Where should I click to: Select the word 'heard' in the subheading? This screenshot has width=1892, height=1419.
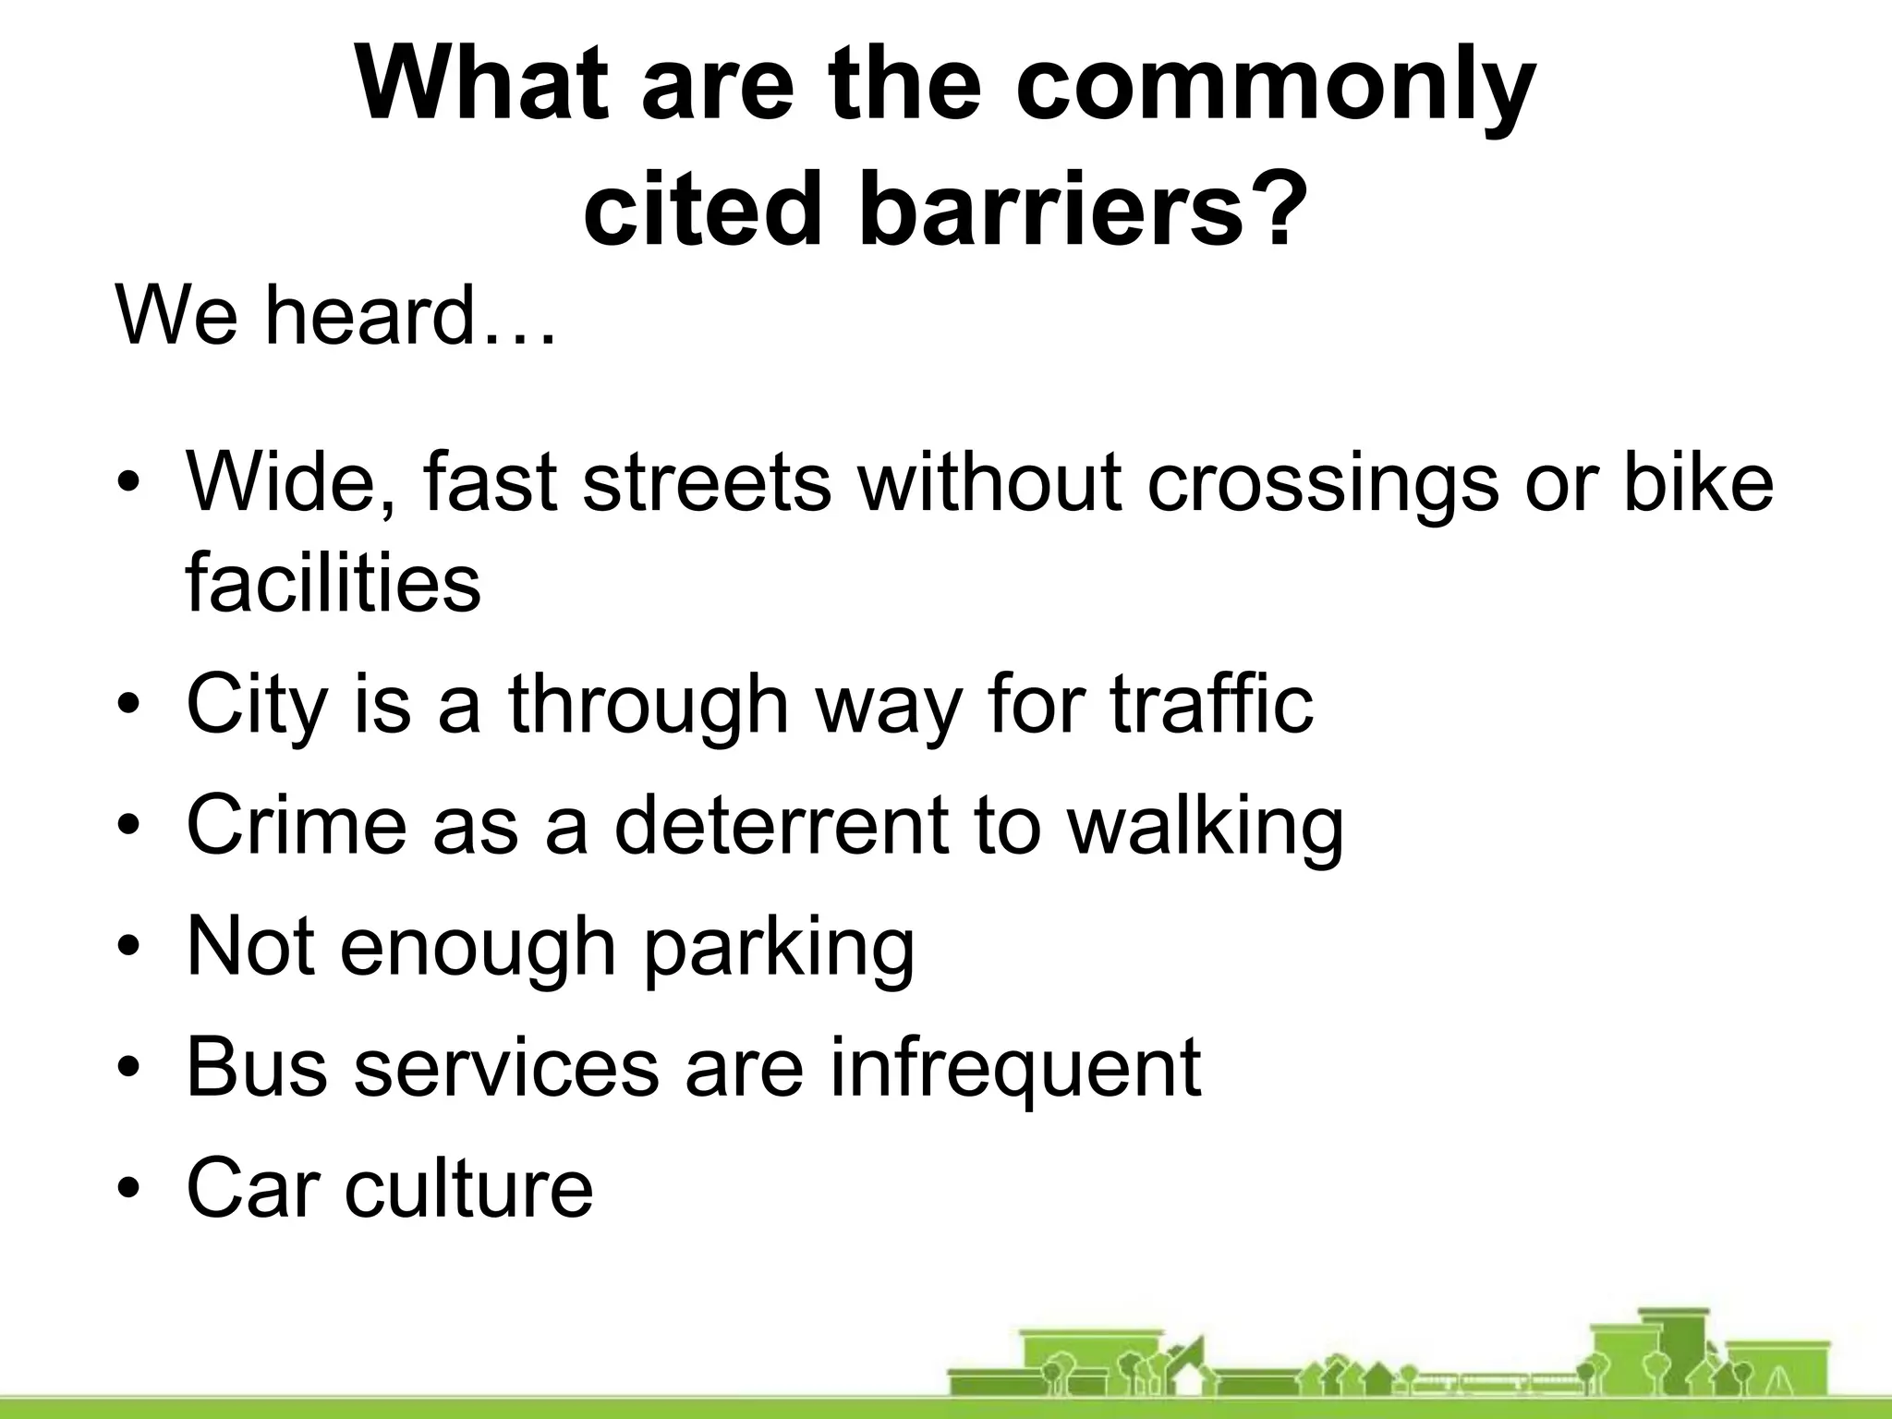click(x=370, y=316)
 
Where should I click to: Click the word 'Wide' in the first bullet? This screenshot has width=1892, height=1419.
click(x=293, y=482)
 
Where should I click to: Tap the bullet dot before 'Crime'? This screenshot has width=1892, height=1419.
click(x=130, y=826)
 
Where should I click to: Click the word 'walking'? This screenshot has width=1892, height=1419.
click(x=1206, y=826)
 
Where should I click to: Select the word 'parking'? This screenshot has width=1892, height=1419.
click(x=779, y=948)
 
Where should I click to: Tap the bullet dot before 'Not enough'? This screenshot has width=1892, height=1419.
click(x=130, y=948)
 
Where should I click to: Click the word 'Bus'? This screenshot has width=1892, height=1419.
click(x=257, y=1067)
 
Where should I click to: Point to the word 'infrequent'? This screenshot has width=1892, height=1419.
click(x=1015, y=1067)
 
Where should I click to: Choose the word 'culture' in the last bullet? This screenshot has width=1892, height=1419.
click(x=469, y=1188)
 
